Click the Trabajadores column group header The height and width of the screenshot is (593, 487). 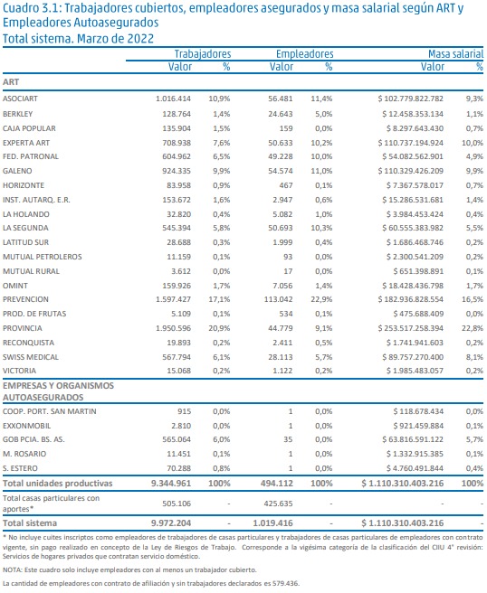pyautogui.click(x=203, y=54)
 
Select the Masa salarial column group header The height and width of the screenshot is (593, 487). pyautogui.click(x=455, y=54)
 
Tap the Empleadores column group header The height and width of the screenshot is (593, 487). pyautogui.click(x=304, y=54)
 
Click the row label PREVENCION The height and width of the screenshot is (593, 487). pyautogui.click(x=25, y=299)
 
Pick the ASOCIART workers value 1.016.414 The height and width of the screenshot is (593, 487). pyautogui.click(x=174, y=99)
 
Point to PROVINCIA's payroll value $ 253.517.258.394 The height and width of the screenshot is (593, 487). pyautogui.click(x=410, y=328)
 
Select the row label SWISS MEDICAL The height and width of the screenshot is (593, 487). pyautogui.click(x=31, y=357)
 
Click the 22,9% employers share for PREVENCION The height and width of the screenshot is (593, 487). pyautogui.click(x=321, y=299)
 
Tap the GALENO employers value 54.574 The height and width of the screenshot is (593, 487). pyautogui.click(x=281, y=171)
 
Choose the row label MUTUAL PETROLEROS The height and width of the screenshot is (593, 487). pyautogui.click(x=42, y=257)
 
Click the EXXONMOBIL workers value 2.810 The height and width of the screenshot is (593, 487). pyautogui.click(x=181, y=426)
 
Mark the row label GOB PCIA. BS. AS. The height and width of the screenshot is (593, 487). pyautogui.click(x=33, y=439)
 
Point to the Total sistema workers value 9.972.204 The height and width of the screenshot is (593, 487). pyautogui.click(x=171, y=523)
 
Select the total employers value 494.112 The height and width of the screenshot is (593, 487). pyautogui.click(x=277, y=484)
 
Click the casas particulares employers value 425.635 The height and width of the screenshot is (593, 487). pyautogui.click(x=278, y=504)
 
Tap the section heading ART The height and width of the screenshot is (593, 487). pyautogui.click(x=11, y=82)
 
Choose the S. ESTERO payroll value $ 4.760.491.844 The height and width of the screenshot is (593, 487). pyautogui.click(x=415, y=468)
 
